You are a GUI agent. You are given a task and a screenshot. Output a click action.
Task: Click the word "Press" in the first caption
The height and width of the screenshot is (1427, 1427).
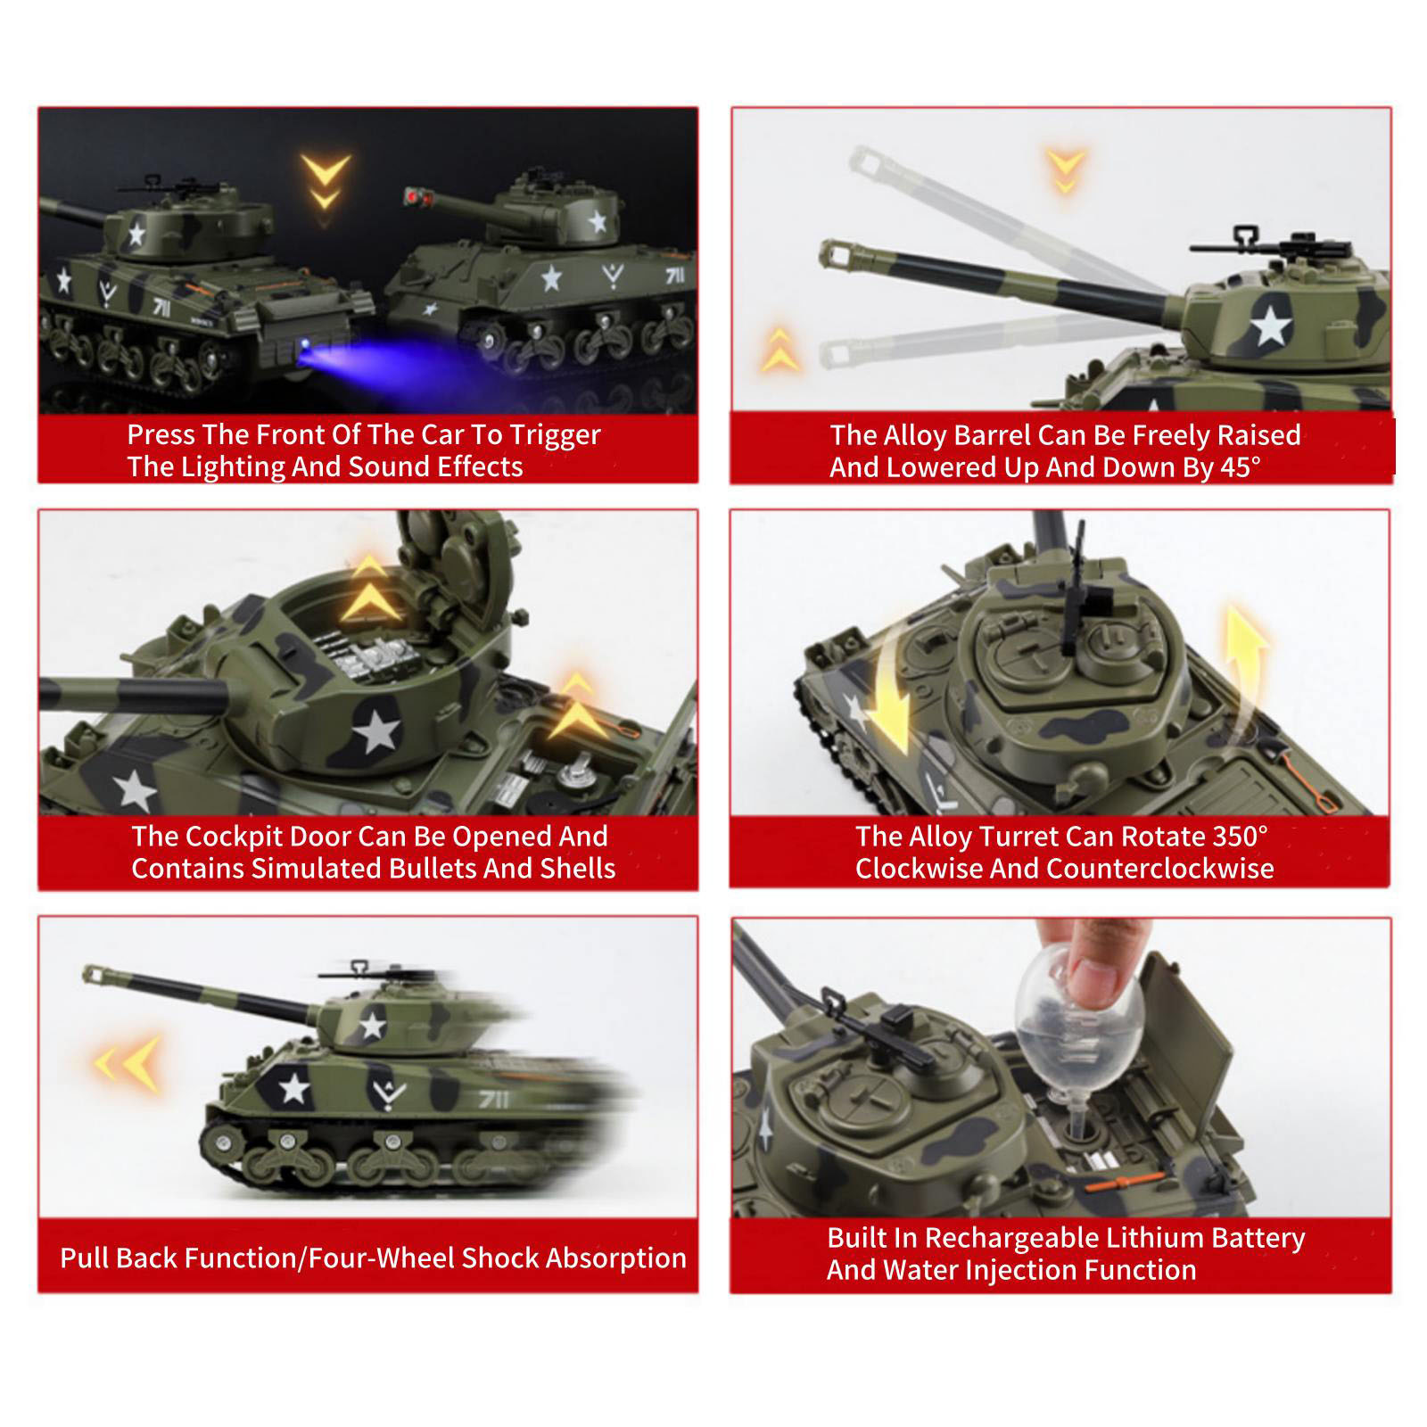click(161, 434)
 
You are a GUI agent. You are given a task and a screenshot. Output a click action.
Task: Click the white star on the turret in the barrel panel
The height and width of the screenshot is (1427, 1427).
click(1270, 325)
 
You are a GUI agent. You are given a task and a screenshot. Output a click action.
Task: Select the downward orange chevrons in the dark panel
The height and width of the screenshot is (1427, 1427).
click(326, 179)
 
